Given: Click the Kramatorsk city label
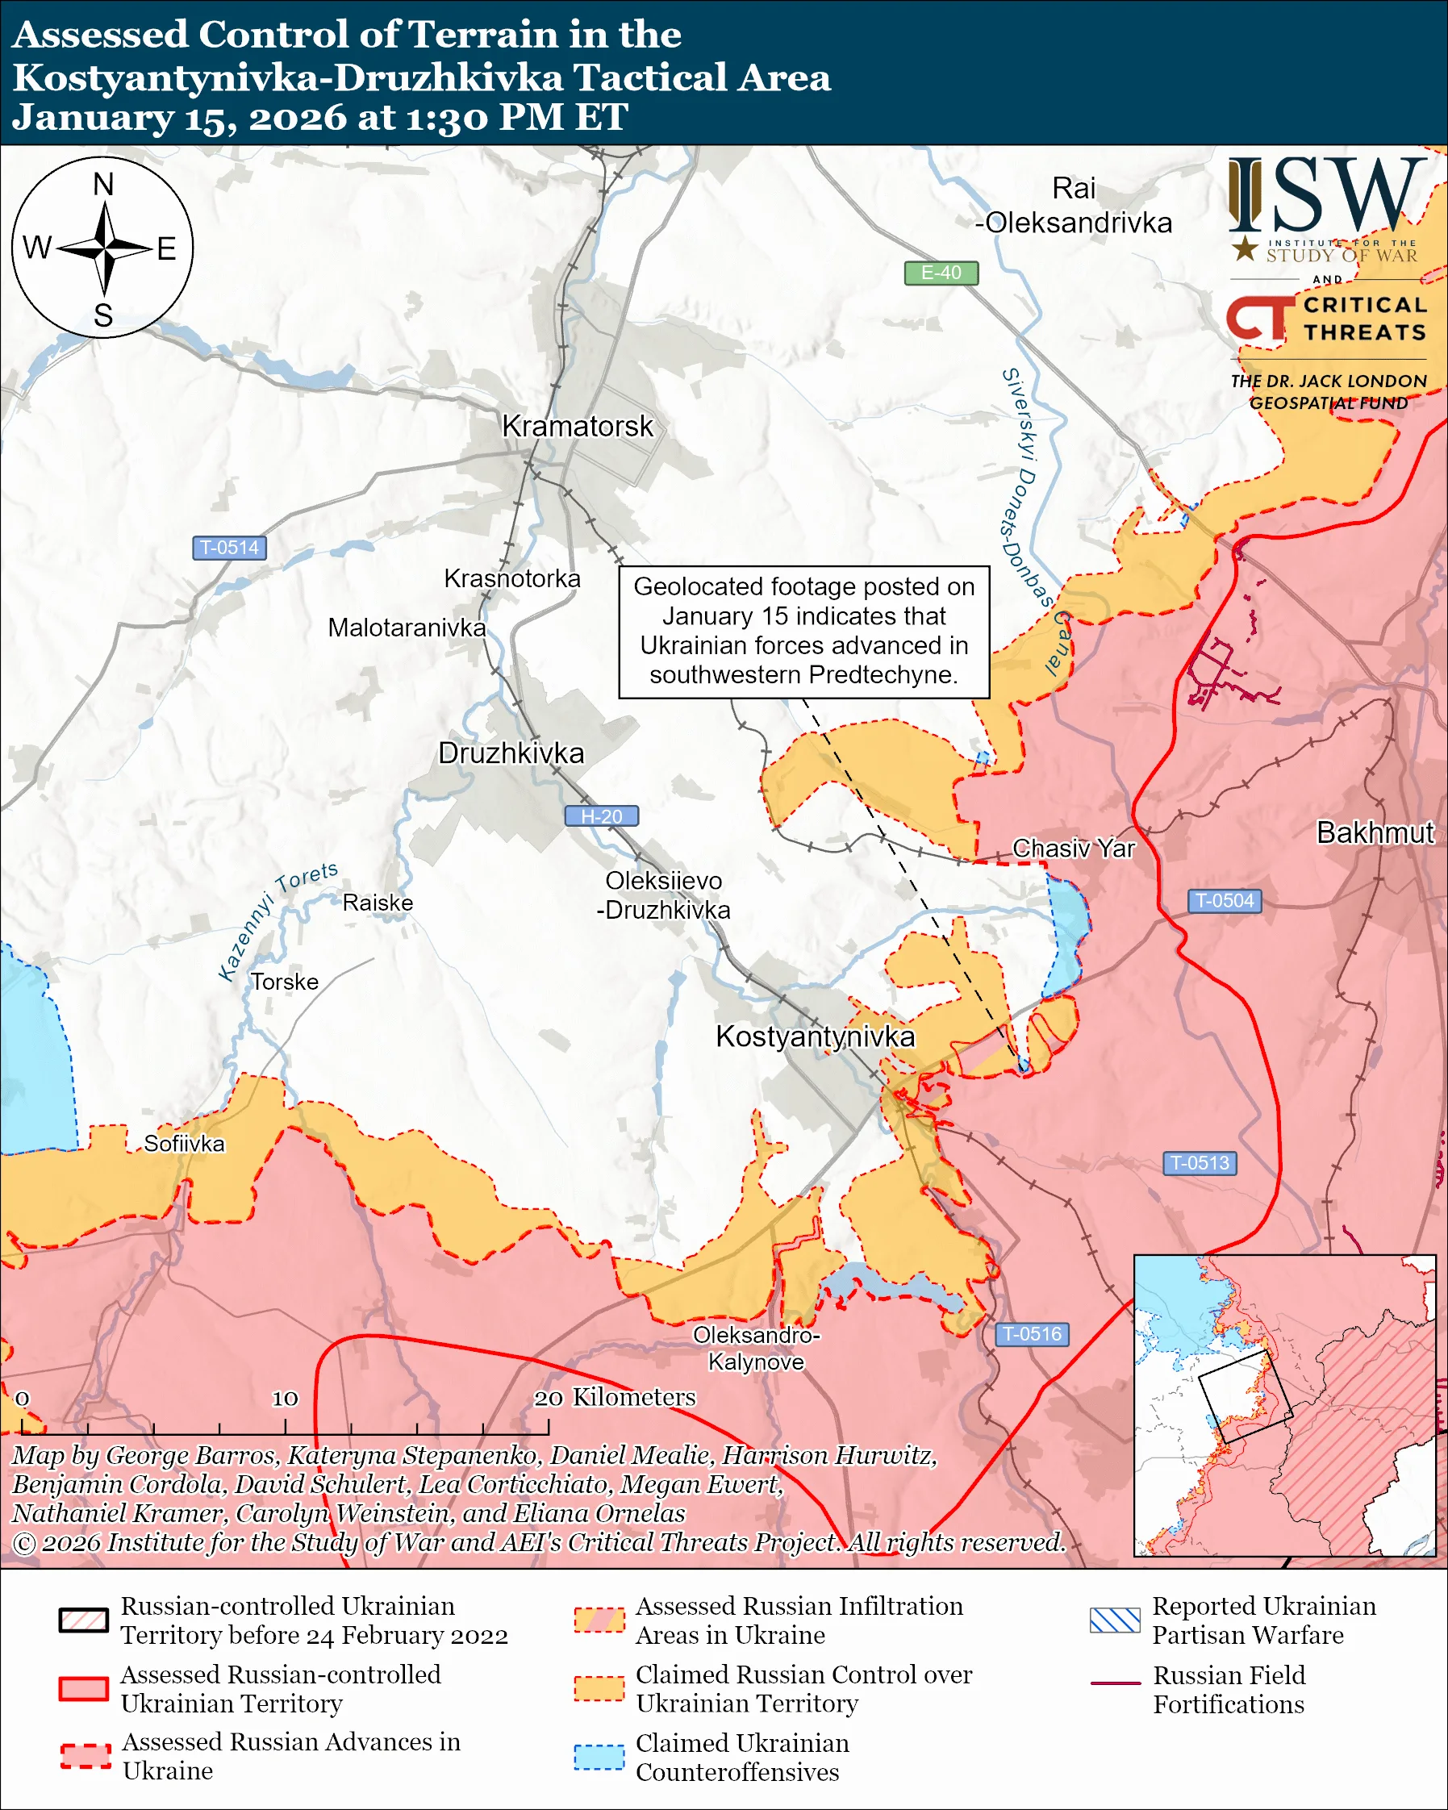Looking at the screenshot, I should (577, 426).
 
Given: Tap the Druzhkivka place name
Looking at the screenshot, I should (511, 753).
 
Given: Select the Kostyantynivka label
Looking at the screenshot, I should (814, 1036).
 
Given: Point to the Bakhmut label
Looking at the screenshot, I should (1375, 832).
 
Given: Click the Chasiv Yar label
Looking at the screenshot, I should (1073, 849).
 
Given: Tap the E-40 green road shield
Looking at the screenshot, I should (940, 273).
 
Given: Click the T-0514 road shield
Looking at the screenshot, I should (229, 548).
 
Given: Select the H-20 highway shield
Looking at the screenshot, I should (601, 816).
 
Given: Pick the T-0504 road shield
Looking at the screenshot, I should (1224, 901).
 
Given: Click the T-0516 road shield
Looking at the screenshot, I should (1032, 1334).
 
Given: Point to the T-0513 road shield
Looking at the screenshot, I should (1200, 1163).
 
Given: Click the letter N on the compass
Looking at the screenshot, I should (103, 185).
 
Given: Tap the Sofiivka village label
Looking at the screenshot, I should (184, 1144).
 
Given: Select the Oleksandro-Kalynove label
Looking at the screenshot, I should (756, 1349).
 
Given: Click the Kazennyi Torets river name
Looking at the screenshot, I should (277, 921).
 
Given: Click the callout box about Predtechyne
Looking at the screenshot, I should (803, 632).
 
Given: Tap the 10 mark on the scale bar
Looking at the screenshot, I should (285, 1399).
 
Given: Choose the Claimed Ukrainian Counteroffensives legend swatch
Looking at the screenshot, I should (599, 1757).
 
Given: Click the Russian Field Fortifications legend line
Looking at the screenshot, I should (1115, 1683).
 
